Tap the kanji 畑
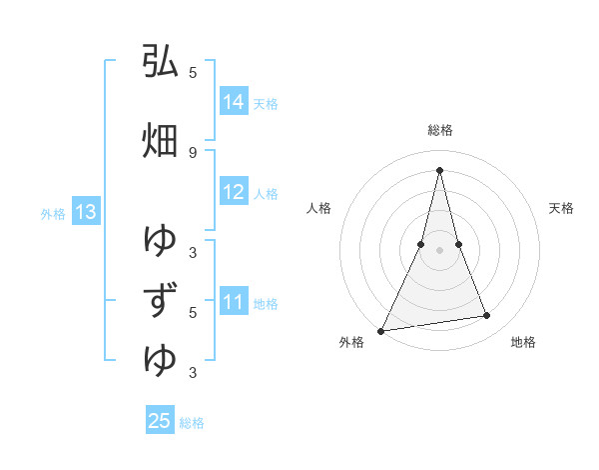(x=160, y=141)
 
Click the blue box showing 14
(x=234, y=102)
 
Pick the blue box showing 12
(x=234, y=192)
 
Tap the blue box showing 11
(x=234, y=302)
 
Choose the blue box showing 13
(x=85, y=212)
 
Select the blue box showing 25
(x=160, y=421)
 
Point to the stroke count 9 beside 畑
(x=193, y=152)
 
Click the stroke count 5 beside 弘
(x=193, y=73)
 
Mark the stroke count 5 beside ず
(x=193, y=312)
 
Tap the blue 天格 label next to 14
(x=266, y=103)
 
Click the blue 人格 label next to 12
(x=266, y=193)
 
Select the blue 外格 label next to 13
(x=53, y=213)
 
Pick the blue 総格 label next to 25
(x=192, y=422)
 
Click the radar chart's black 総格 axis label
(x=439, y=130)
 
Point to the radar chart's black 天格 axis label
(x=562, y=208)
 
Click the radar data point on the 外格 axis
(x=380, y=330)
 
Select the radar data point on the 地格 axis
(x=487, y=316)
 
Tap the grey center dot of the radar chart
(x=439, y=250)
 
